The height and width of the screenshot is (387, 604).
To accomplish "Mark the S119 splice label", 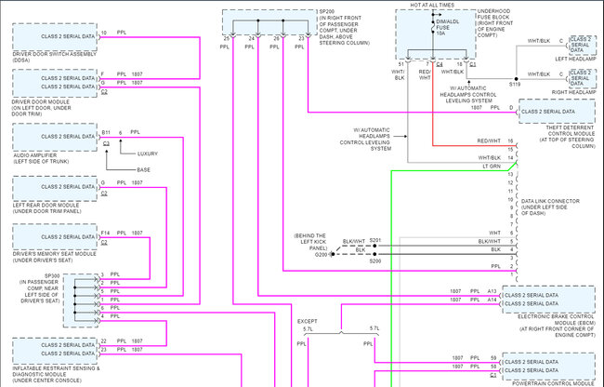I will coord(515,84).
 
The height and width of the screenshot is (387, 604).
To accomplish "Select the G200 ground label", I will coord(322,254).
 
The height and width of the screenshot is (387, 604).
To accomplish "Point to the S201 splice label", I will coord(375,240).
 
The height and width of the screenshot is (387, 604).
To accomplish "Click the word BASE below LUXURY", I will coord(143,170).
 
